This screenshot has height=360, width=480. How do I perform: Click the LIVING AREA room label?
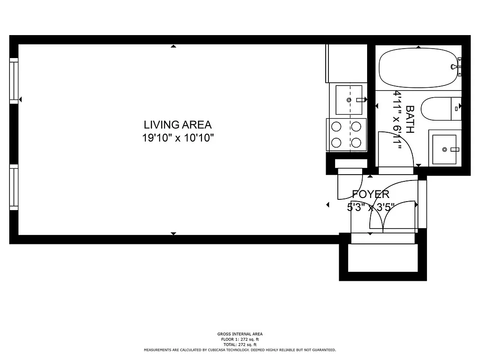click(177, 125)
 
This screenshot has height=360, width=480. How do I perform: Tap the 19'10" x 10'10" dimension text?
click(177, 138)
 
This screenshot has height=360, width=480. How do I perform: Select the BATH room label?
click(410, 119)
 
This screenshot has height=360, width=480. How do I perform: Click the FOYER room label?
click(370, 194)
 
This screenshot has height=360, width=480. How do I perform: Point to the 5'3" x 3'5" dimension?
click(370, 207)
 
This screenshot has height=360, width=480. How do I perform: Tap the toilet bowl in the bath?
click(435, 109)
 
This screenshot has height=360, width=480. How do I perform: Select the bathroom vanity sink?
click(444, 149)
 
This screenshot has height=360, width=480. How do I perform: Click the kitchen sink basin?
click(349, 99)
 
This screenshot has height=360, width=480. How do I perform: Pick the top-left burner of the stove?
click(336, 126)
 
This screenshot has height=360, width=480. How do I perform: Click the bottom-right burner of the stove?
click(356, 143)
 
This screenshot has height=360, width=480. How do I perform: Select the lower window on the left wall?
click(14, 187)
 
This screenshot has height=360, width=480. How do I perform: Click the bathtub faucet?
click(456, 67)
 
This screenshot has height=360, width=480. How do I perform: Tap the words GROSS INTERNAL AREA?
click(240, 334)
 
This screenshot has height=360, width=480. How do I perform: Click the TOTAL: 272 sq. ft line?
click(240, 344)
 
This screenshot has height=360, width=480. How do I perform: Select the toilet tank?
click(456, 108)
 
